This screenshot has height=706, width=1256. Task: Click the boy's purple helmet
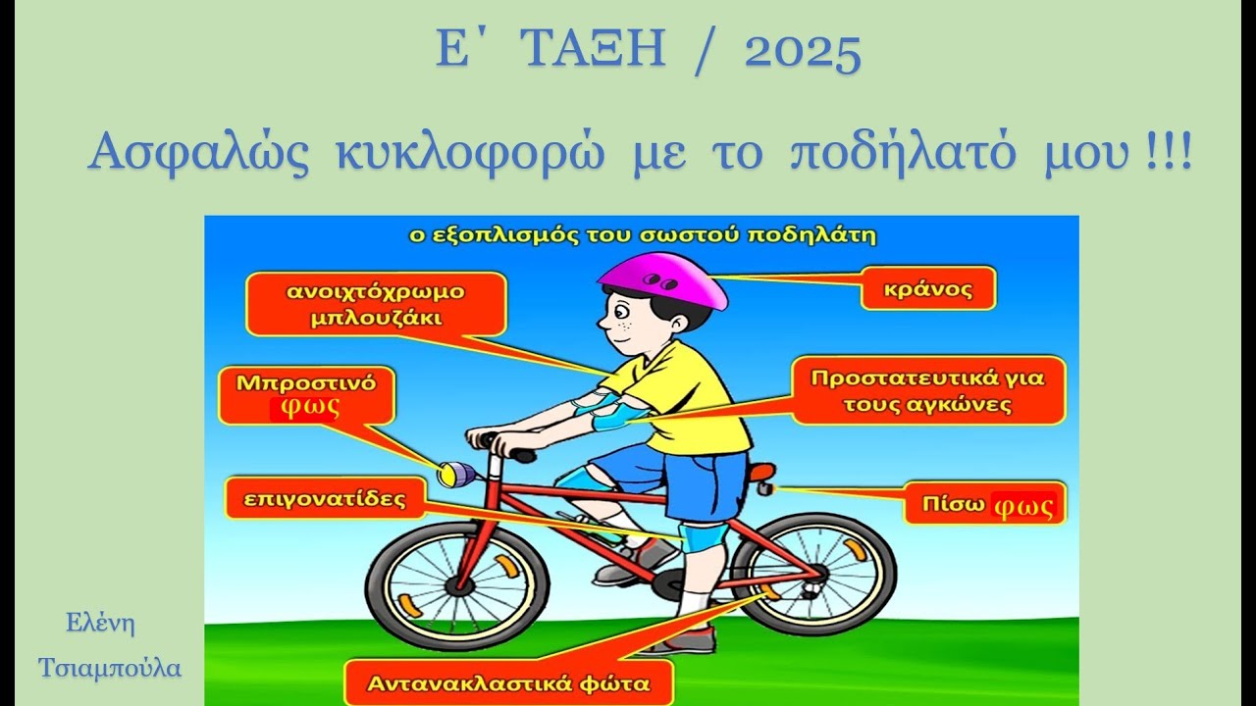663,277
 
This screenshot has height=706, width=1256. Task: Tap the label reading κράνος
926,288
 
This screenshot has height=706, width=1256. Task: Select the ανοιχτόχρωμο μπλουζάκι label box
376,304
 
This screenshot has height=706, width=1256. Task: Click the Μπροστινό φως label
305,395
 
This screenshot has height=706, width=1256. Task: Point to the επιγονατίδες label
325,498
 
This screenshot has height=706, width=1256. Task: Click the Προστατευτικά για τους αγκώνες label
927,390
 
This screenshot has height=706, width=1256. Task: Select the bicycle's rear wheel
813,575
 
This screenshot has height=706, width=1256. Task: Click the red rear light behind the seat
762,473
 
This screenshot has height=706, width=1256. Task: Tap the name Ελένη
100,623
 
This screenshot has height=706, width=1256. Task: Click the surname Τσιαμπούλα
110,668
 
